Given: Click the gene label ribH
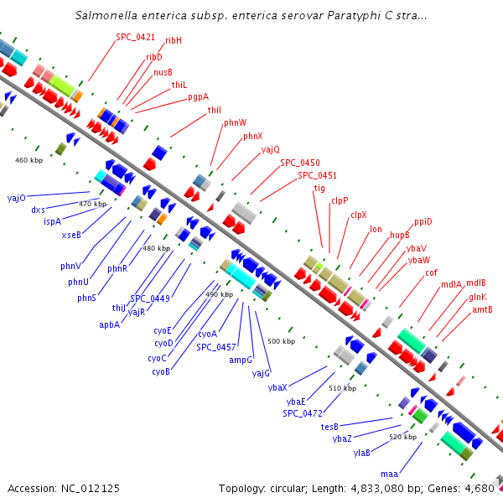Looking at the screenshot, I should pyautogui.click(x=174, y=40).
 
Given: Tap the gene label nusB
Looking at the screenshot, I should pyautogui.click(x=163, y=72).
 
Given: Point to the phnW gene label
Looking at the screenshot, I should pyautogui.click(x=236, y=122).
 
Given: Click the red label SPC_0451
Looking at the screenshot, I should pyautogui.click(x=317, y=175).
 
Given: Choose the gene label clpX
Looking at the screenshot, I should pyautogui.click(x=359, y=215).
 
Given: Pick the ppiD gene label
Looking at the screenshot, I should pyautogui.click(x=423, y=222).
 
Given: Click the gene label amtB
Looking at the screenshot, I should pyautogui.click(x=482, y=309).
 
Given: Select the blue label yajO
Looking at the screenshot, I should pyautogui.click(x=17, y=198).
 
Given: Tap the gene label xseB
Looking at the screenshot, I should pyautogui.click(x=71, y=235).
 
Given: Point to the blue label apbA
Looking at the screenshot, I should pyautogui.click(x=110, y=324).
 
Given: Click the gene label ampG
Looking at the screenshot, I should pyautogui.click(x=241, y=360).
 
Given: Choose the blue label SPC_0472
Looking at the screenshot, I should pyautogui.click(x=303, y=413).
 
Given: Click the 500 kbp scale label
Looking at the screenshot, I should pyautogui.click(x=282, y=341).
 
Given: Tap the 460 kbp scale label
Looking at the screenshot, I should pyautogui.click(x=29, y=159).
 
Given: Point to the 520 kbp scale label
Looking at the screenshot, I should pyautogui.click(x=403, y=437).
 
